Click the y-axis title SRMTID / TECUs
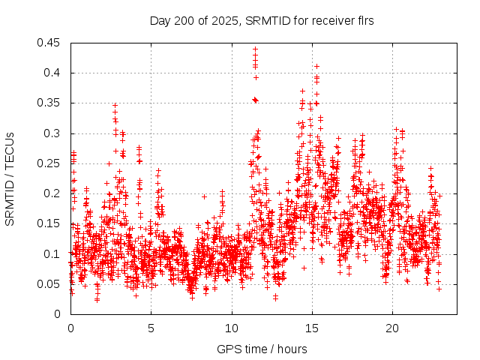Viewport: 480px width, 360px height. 10,178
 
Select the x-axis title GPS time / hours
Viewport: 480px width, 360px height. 262,349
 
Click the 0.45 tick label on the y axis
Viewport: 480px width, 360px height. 49,43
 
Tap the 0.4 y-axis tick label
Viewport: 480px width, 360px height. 52,73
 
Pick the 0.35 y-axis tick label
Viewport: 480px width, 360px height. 49,103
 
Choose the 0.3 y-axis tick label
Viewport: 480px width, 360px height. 52,133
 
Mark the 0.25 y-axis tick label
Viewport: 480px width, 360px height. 49,163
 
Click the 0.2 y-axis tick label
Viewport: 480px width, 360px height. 52,193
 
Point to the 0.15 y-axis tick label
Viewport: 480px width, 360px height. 49,223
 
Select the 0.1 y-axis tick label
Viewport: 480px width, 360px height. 52,253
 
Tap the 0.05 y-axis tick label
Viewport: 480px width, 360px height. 49,284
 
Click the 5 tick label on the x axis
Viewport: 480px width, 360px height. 151,328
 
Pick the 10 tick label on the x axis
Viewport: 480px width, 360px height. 232,328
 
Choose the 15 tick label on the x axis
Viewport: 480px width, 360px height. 312,328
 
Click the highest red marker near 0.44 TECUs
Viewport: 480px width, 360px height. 255,49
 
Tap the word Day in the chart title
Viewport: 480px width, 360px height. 160,20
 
